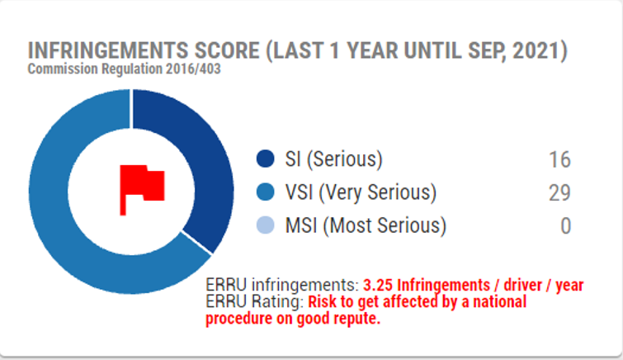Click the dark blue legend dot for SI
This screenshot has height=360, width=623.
point(266,159)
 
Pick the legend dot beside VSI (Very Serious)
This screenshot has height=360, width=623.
point(266,192)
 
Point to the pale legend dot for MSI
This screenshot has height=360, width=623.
point(266,225)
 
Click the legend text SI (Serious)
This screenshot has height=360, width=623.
point(333,159)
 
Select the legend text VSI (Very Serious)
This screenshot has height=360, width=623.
point(361,192)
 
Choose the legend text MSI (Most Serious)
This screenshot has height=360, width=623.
point(366,225)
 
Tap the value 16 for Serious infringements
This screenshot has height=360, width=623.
point(559,159)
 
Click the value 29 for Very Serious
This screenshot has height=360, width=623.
point(559,193)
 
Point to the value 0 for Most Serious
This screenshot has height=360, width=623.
point(566,226)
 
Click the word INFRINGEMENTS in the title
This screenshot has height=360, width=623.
point(108,51)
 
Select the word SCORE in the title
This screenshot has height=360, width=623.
point(227,51)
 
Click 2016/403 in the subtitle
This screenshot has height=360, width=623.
point(193,69)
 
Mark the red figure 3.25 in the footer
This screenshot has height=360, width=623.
point(378,285)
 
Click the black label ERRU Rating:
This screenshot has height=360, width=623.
point(255,301)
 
